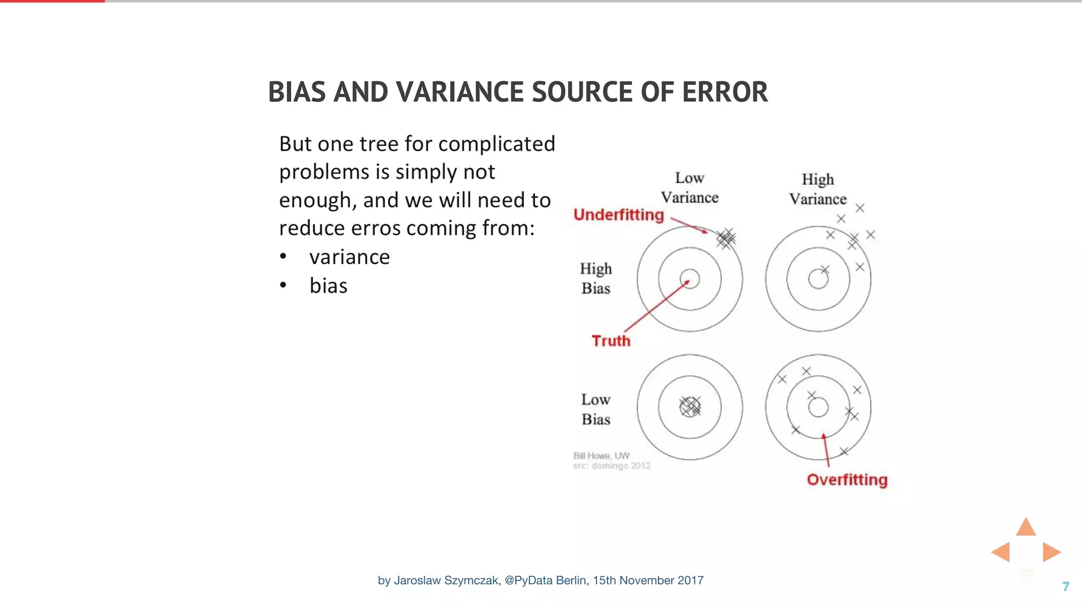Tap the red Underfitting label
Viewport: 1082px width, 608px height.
pos(618,215)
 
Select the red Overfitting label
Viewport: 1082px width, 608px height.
pos(847,480)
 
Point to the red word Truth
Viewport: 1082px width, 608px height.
pos(611,341)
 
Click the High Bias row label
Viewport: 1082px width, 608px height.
pos(596,279)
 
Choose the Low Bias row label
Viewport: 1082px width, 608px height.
pos(596,410)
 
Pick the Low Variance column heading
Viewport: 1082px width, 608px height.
pos(689,188)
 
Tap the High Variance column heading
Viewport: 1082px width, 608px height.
pos(818,189)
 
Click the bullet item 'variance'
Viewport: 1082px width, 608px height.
pos(349,257)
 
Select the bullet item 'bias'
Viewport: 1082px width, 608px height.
pos(328,286)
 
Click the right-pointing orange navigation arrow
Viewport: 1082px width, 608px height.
pos(1051,552)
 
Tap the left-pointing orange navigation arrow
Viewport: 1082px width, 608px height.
pos(1001,552)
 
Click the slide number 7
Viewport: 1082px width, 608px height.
pos(1066,586)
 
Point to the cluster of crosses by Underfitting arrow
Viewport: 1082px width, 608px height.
pos(726,239)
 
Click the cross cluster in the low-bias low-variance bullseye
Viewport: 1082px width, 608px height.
pos(689,406)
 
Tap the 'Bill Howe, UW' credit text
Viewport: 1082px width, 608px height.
pos(601,455)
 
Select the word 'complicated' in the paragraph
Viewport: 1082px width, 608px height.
pos(497,144)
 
